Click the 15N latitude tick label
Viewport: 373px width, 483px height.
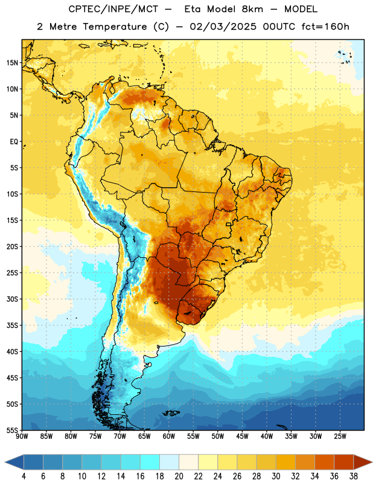12,63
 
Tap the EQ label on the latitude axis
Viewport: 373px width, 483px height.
14,142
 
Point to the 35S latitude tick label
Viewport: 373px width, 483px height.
12,325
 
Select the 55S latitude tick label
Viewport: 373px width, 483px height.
12,430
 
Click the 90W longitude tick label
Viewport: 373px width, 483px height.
22,436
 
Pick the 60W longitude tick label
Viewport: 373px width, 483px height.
169,436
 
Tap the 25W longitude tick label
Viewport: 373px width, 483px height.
340,436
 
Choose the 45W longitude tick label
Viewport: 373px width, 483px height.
242,436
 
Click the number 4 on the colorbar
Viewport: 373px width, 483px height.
24,476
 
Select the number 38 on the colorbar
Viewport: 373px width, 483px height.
354,476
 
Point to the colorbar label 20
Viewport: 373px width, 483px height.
179,476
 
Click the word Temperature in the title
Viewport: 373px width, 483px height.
115,27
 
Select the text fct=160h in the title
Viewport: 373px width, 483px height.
325,27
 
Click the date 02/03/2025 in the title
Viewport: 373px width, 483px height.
223,27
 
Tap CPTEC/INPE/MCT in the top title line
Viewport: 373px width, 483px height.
113,9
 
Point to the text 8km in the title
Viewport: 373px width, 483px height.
252,9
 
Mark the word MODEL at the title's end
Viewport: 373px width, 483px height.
301,9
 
